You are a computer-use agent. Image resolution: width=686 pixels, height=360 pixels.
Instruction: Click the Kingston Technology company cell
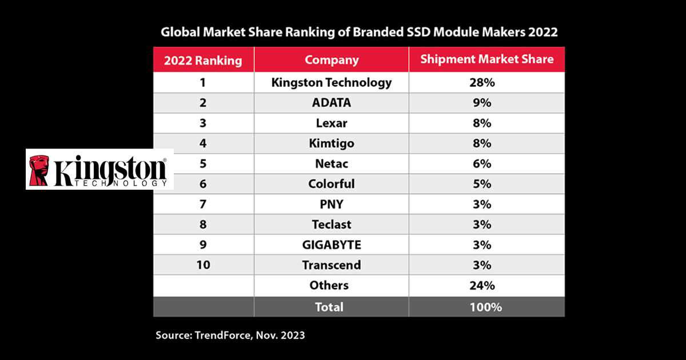click(332, 82)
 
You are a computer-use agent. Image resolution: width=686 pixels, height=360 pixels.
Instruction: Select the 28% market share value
click(486, 82)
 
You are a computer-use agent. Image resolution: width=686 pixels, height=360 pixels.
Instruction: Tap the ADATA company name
click(332, 103)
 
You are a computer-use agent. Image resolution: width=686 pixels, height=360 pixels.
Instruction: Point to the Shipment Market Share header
click(486, 59)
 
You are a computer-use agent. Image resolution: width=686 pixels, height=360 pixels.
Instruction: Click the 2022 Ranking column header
click(203, 60)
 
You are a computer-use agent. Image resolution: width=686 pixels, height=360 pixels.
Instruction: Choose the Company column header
click(332, 59)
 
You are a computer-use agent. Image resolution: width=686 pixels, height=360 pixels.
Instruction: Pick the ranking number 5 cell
click(203, 163)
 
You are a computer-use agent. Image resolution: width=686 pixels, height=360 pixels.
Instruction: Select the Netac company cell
click(332, 163)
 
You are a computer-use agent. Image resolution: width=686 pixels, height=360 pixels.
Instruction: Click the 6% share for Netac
click(486, 163)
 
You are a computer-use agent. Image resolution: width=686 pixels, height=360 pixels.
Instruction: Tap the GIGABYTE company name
click(332, 245)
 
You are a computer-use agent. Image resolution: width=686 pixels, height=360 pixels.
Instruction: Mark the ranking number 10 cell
click(203, 265)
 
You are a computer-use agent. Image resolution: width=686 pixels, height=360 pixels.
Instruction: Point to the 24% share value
click(486, 285)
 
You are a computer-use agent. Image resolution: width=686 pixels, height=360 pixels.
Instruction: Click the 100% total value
click(486, 307)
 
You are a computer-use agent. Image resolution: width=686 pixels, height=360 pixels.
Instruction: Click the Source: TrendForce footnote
click(230, 335)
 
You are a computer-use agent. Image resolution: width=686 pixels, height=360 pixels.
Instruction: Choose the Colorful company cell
click(332, 183)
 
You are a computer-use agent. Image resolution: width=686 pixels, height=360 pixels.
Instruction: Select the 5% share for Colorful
click(486, 183)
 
